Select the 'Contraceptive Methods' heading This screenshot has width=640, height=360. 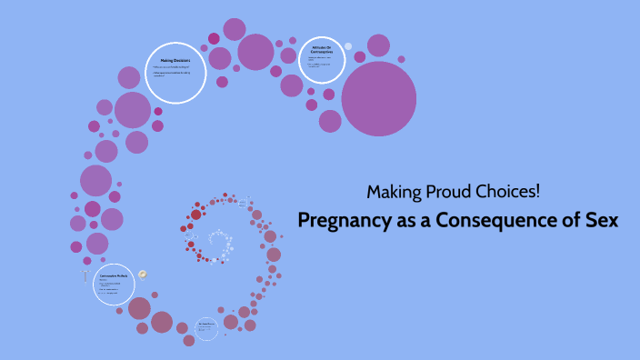[114, 275]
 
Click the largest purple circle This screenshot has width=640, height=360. [378, 98]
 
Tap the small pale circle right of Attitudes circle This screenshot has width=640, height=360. [347, 46]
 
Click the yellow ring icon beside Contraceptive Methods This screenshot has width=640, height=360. [143, 275]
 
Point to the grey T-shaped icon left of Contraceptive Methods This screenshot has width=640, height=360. [85, 276]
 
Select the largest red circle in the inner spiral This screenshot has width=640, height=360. [195, 215]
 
